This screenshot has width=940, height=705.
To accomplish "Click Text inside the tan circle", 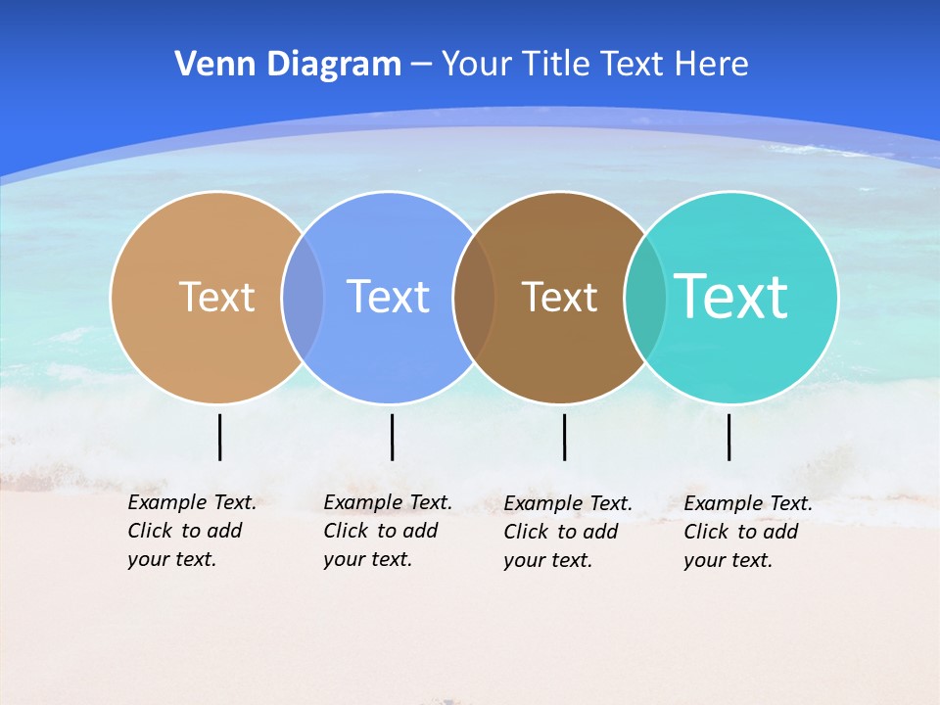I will coord(216,297).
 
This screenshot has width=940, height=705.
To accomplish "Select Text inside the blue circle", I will coord(389,297).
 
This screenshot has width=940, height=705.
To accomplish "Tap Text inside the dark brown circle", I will coord(559,297).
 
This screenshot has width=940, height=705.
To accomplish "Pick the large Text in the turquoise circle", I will coord(731,297).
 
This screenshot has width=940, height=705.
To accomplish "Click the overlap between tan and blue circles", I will coord(303,297).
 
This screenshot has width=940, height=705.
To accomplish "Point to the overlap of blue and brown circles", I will coord(475,297).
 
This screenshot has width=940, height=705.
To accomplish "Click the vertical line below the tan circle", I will coord(220,437).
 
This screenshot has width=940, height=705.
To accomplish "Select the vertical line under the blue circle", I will coord(392,437).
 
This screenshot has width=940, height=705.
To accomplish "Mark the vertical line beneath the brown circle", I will coord(565,437).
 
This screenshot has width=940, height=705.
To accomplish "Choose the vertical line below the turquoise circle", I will coord(729,437).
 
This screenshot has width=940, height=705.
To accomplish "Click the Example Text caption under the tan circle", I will coord(191,531).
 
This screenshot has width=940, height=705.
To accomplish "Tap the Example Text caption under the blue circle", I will coord(387,531).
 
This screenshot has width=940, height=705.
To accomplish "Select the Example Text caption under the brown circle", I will coord(567,532).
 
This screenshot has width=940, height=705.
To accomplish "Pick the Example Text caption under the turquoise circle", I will coord(747,532).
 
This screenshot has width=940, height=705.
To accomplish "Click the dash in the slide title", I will coord(421,65).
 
